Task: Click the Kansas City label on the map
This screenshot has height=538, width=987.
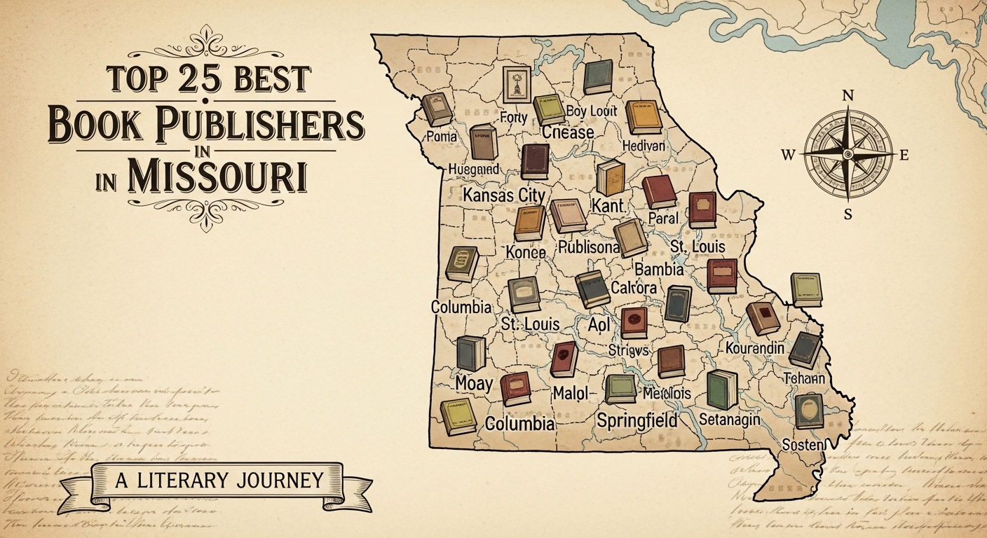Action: pyautogui.click(x=504, y=194)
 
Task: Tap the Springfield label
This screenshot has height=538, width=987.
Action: pyautogui.click(x=637, y=420)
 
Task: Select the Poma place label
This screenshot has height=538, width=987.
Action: pyautogui.click(x=442, y=136)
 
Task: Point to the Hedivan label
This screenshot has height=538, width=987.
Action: pyautogui.click(x=644, y=145)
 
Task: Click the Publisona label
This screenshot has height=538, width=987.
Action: pyautogui.click(x=588, y=248)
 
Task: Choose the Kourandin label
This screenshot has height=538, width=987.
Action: pyautogui.click(x=759, y=347)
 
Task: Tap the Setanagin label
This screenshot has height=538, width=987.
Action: pyautogui.click(x=730, y=420)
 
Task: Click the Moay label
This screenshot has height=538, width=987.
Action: pyautogui.click(x=474, y=383)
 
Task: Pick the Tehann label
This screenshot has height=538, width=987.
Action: pyautogui.click(x=804, y=378)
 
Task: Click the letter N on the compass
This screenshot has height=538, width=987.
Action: pyautogui.click(x=848, y=95)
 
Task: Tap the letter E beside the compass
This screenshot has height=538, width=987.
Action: pyautogui.click(x=904, y=156)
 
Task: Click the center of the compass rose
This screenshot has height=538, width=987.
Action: pyautogui.click(x=848, y=153)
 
